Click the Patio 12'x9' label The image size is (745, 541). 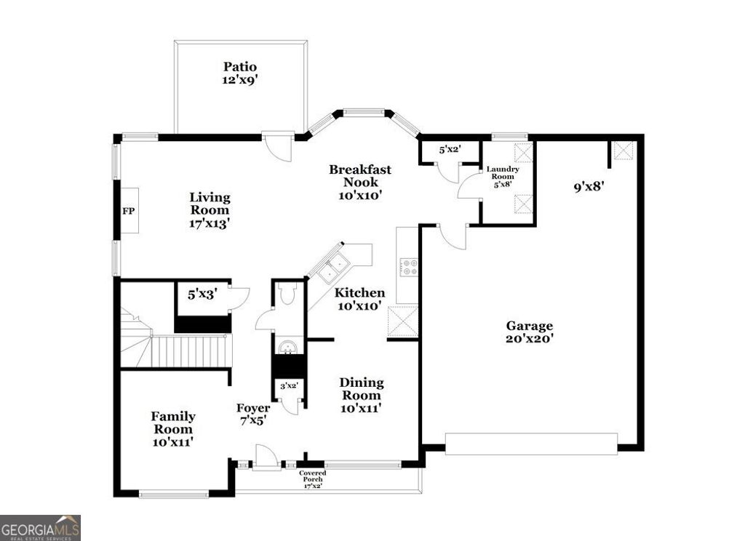point(240,74)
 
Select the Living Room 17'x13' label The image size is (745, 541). point(210,211)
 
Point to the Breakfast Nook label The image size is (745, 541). point(359,183)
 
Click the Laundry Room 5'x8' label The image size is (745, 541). point(503,177)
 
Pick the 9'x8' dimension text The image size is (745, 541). point(589,187)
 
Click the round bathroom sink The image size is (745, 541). point(288,345)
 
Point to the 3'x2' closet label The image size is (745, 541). point(289,387)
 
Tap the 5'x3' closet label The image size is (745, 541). point(202,295)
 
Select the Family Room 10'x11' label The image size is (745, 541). point(173,428)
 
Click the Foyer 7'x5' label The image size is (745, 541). point(253,414)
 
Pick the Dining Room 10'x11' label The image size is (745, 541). point(362,396)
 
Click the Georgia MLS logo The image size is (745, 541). point(40,527)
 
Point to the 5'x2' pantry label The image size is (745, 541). point(450,151)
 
